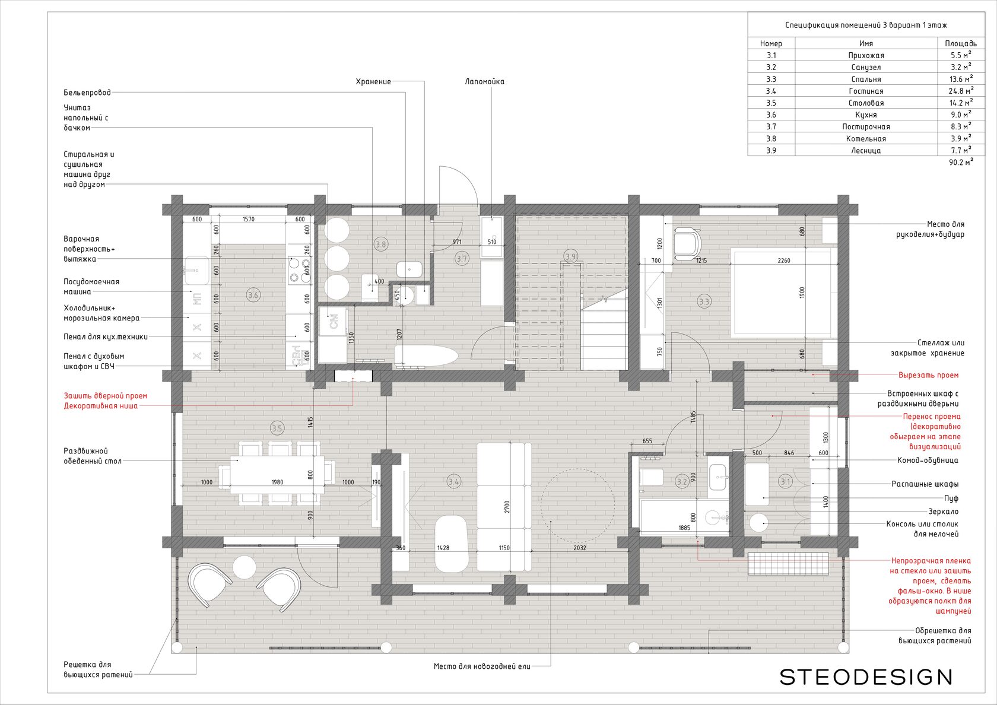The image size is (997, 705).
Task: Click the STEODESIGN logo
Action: (x=866, y=677)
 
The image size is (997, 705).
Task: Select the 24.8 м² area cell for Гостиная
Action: (x=961, y=91)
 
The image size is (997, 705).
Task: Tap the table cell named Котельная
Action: (x=866, y=138)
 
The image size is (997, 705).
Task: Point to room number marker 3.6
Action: (x=253, y=295)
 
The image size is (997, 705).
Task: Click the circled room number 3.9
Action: (x=570, y=256)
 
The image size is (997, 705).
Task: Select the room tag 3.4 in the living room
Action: (x=454, y=481)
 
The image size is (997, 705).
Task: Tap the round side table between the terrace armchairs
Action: (x=245, y=567)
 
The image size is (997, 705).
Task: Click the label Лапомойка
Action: (x=485, y=81)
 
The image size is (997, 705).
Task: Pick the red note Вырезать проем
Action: (x=928, y=375)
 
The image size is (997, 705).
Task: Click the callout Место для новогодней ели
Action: (x=482, y=666)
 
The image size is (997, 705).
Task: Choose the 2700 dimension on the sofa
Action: (x=507, y=507)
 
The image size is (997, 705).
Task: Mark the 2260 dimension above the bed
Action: (x=784, y=261)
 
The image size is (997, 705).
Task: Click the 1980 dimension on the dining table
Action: (x=277, y=482)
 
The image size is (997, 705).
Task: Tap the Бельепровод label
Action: (x=87, y=93)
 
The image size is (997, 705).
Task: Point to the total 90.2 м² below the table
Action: (x=961, y=162)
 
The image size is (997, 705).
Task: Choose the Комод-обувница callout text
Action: (x=928, y=461)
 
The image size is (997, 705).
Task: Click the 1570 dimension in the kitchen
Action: (x=248, y=219)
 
